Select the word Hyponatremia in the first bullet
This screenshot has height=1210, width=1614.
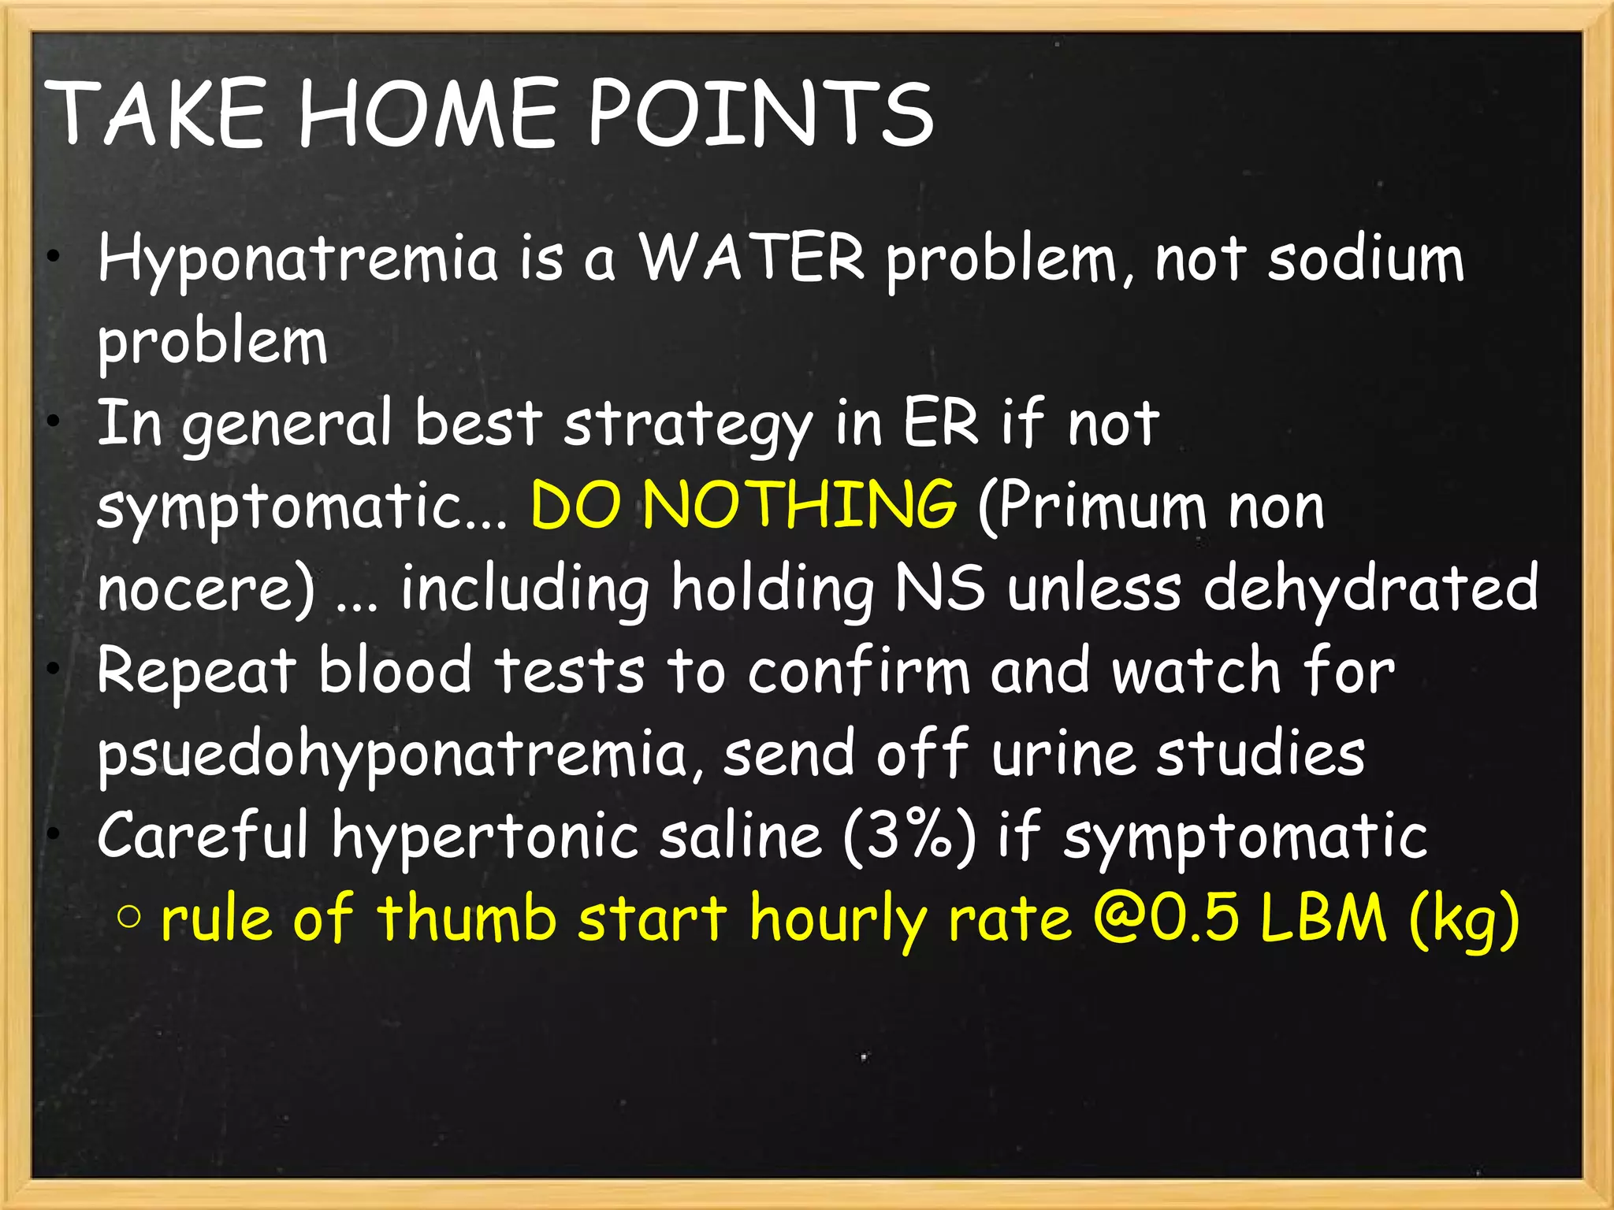click(298, 260)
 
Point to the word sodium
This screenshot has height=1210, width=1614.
click(1365, 260)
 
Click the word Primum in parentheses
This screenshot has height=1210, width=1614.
click(1091, 507)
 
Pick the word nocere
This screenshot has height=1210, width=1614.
click(205, 589)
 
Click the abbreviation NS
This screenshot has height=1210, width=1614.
click(939, 588)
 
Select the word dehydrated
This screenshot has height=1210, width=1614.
click(1370, 588)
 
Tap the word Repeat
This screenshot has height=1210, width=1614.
click(196, 672)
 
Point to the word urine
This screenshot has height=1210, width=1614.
click(1062, 753)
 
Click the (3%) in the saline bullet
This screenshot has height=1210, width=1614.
click(909, 837)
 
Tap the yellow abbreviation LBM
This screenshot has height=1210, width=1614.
click(1322, 919)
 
